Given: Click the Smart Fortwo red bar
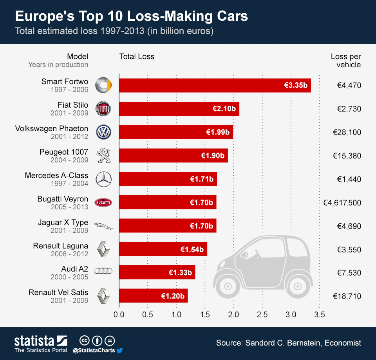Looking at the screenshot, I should click(x=215, y=85).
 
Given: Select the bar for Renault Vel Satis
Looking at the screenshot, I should click(x=153, y=296).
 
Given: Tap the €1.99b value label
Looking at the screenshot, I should click(x=218, y=132).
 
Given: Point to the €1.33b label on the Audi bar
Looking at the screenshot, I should click(x=180, y=273).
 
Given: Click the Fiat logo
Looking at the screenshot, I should click(x=104, y=109).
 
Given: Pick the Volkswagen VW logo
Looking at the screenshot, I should click(x=104, y=132).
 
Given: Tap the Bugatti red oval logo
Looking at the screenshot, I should click(x=103, y=203).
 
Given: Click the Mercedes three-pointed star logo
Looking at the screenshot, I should click(x=104, y=179).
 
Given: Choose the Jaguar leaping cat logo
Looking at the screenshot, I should click(x=104, y=226).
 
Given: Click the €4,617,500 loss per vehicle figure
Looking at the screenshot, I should click(x=342, y=203).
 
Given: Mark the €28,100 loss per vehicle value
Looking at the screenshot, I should click(x=347, y=132).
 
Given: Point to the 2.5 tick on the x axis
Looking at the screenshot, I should click(x=262, y=314).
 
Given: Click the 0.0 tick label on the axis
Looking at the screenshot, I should click(x=119, y=314).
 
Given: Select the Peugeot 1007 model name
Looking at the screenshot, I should click(x=64, y=152).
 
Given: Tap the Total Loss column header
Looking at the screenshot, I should click(x=137, y=56).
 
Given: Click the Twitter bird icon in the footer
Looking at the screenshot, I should click(x=120, y=351).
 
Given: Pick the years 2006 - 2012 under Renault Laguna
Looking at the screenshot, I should click(x=69, y=254).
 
